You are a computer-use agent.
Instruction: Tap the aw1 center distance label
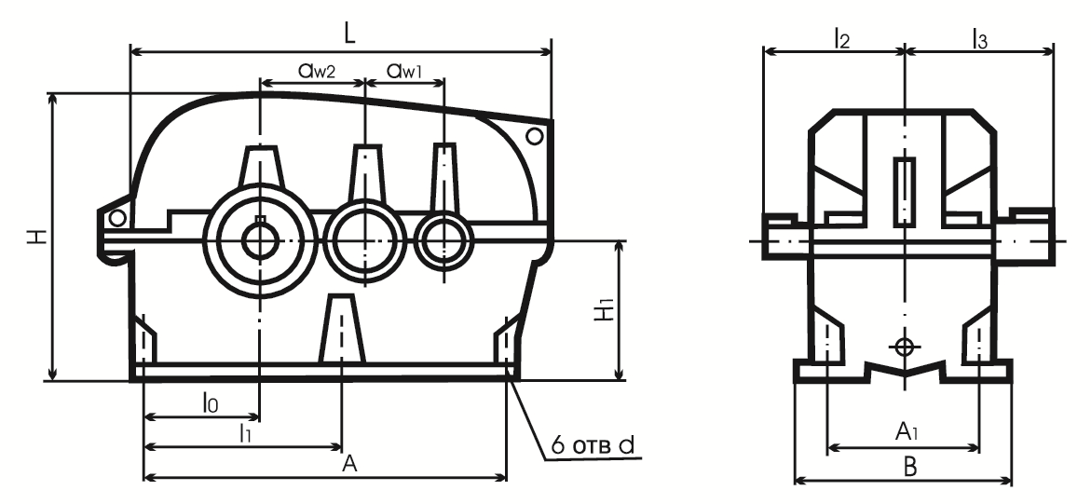click(x=405, y=70)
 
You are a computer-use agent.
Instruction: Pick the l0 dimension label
click(x=211, y=402)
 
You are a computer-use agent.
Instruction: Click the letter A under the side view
click(x=350, y=464)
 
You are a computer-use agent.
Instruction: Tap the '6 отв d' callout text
click(x=593, y=445)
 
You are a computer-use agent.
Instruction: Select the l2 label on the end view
click(x=842, y=40)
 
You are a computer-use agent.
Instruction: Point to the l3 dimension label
click(x=980, y=40)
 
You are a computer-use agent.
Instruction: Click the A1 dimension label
click(x=906, y=433)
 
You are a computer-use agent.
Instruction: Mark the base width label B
click(x=909, y=467)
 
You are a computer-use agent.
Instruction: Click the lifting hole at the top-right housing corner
click(x=535, y=136)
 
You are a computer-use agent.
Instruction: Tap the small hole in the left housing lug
click(x=117, y=219)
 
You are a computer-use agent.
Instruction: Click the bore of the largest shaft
click(x=260, y=241)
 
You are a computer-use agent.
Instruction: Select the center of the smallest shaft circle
click(x=443, y=241)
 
